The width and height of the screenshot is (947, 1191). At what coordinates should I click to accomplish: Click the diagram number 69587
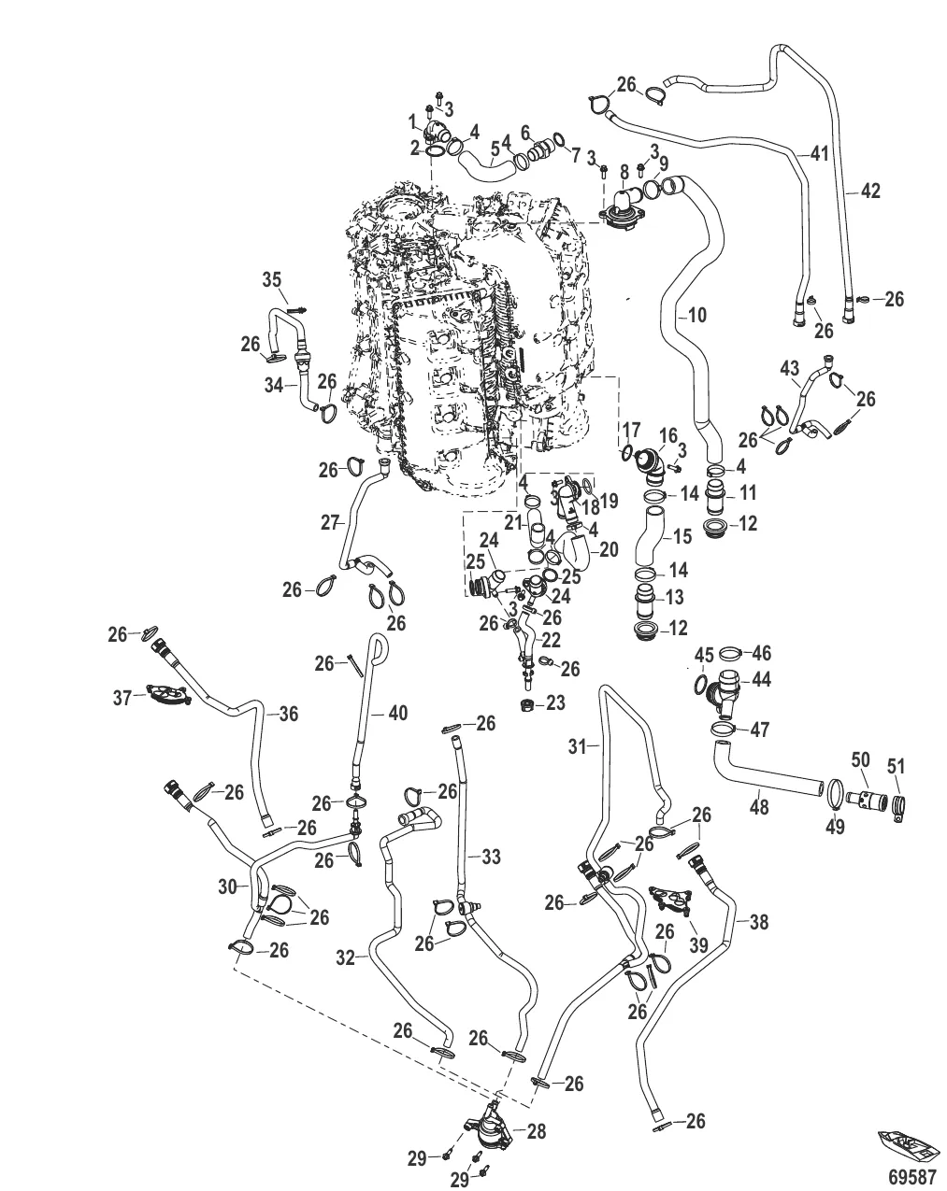(911, 1173)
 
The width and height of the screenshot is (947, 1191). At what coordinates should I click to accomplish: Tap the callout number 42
(869, 191)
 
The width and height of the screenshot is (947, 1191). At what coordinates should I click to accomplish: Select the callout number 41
(819, 154)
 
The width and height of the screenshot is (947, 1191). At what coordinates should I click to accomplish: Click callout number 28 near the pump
(537, 1132)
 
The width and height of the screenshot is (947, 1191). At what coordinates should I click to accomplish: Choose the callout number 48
(759, 807)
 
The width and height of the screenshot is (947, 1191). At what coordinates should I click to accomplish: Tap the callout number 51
(897, 767)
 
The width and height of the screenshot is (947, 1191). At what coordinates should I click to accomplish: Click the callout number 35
(271, 279)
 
